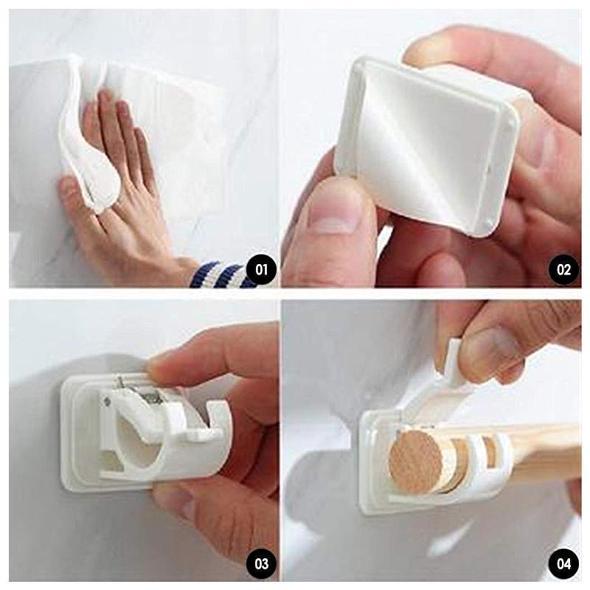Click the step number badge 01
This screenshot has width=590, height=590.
[261, 270]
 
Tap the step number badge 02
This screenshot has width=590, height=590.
[563, 270]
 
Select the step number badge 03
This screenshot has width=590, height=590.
[261, 563]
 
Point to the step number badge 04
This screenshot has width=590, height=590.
[563, 563]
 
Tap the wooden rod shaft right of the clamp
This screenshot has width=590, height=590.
[546, 451]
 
